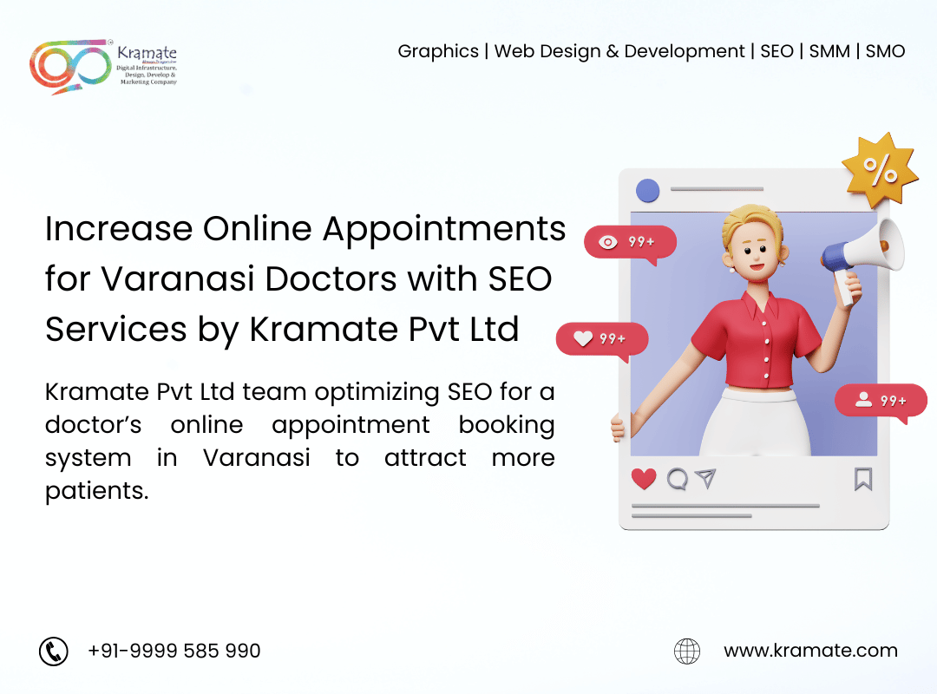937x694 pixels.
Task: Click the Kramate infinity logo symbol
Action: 69,65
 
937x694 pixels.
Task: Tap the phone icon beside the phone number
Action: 54,651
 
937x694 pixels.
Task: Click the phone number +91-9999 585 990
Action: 174,651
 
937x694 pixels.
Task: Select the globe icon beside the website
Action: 687,651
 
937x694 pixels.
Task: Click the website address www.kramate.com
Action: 810,651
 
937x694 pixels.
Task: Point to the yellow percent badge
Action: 880,171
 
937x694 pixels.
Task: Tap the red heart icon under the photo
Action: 644,478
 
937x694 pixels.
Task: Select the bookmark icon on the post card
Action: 862,479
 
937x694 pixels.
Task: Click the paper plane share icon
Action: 706,478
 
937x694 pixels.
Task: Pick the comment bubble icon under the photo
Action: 677,478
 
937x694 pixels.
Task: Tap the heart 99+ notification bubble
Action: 601,339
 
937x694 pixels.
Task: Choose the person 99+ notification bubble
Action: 881,401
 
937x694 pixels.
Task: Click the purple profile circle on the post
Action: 647,191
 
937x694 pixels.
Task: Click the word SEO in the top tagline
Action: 776,51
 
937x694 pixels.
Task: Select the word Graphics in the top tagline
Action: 438,51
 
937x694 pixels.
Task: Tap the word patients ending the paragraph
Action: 96,490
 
